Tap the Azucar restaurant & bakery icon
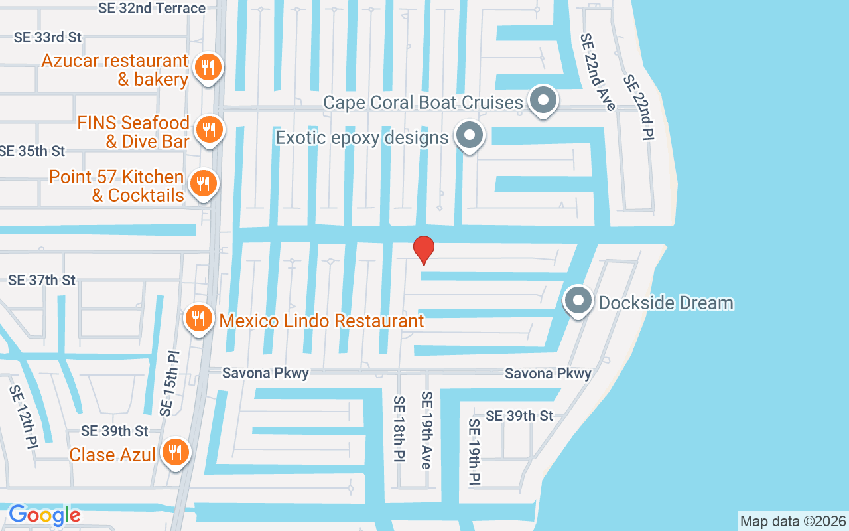(208, 68)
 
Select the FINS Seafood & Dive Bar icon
(209, 129)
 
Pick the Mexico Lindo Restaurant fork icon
(198, 319)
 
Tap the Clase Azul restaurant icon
(175, 453)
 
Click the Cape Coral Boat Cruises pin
(544, 101)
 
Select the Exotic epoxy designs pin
(470, 136)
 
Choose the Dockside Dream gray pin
(578, 301)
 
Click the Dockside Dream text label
(666, 303)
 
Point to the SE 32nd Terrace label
(151, 8)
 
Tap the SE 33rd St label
(48, 37)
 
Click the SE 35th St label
(33, 151)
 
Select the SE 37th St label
(42, 280)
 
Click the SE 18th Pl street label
(399, 431)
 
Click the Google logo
(44, 515)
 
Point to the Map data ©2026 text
(793, 521)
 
